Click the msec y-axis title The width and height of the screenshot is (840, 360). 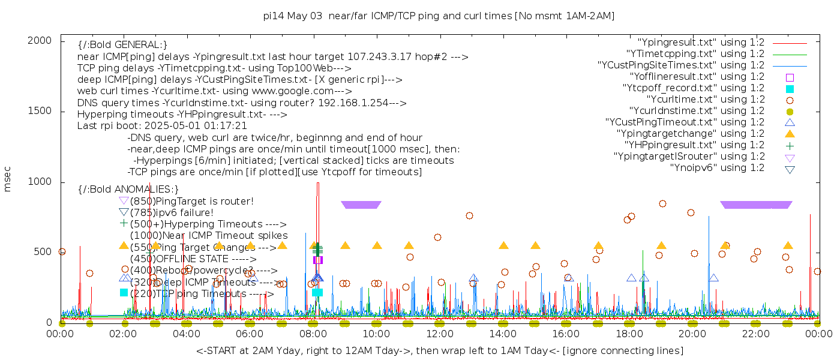pyautogui.click(x=8, y=181)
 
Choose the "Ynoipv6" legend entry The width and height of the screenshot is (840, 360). pyautogui.click(x=717, y=168)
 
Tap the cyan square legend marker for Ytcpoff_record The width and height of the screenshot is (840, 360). pyautogui.click(x=790, y=88)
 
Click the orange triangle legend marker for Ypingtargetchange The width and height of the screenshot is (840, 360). pyautogui.click(x=790, y=134)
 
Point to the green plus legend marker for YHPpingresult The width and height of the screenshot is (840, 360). pyautogui.click(x=790, y=145)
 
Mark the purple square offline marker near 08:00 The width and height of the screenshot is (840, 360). pyautogui.click(x=318, y=260)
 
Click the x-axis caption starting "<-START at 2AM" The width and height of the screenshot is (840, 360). pyautogui.click(x=439, y=350)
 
